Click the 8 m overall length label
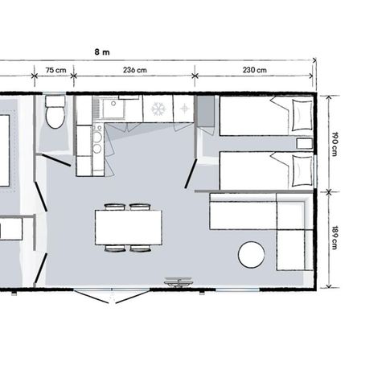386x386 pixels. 102,52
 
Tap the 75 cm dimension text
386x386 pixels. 55,70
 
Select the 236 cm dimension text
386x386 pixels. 135,70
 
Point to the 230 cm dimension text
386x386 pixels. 255,70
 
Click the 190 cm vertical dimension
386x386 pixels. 335,144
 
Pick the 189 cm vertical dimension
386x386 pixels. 335,238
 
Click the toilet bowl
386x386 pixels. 55,117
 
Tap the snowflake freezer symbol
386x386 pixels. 158,109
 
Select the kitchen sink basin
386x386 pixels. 113,109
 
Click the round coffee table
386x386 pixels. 252,255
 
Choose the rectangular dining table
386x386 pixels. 129,228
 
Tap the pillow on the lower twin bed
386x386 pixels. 302,171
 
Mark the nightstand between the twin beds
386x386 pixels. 305,143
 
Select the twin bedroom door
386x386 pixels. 191,174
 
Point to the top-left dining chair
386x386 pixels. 115,207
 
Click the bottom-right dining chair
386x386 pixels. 140,248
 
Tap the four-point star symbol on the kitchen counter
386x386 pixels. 184,109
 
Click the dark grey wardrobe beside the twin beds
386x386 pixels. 206,111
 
